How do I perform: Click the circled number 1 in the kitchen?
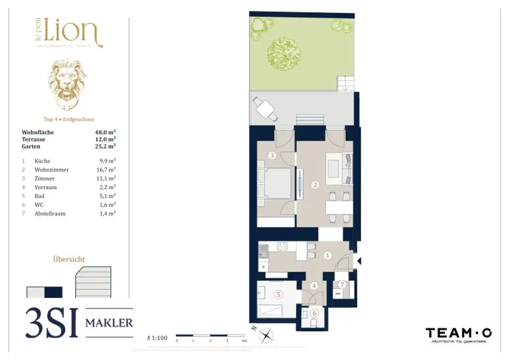click(328, 256)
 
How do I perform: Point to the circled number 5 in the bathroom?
click(278, 294)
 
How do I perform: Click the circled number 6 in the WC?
click(314, 313)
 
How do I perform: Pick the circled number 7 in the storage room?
click(341, 284)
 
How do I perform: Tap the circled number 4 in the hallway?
click(314, 286)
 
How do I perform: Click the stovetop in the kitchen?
click(283, 246)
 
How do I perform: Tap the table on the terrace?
click(264, 108)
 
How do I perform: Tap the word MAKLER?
click(109, 323)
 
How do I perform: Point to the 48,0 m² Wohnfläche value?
click(105, 133)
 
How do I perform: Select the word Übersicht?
click(69, 259)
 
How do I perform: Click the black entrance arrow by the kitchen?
click(359, 261)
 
